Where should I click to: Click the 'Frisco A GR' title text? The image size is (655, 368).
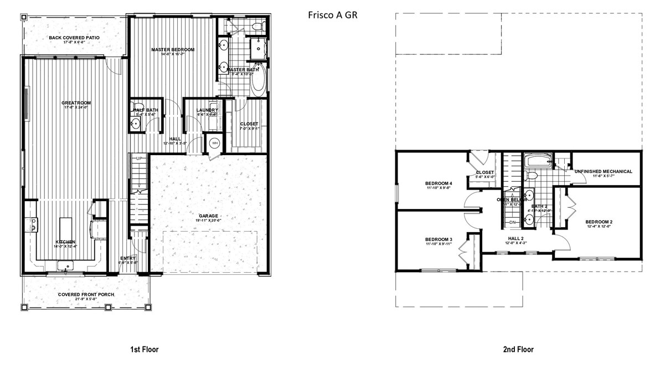[332, 15]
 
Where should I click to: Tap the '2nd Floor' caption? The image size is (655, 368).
[519, 349]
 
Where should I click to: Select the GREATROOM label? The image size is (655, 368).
[76, 103]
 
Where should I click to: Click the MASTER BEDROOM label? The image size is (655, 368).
[173, 49]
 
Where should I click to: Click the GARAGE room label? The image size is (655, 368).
[209, 216]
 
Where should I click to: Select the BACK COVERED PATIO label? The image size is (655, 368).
[74, 38]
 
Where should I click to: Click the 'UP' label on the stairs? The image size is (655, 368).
[140, 159]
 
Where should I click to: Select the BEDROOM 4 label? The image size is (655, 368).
[439, 183]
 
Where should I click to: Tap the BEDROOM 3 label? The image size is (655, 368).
[439, 239]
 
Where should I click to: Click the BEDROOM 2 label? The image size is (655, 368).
[599, 222]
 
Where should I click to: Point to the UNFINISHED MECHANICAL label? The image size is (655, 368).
[603, 171]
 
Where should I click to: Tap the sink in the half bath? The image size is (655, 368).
[135, 125]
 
